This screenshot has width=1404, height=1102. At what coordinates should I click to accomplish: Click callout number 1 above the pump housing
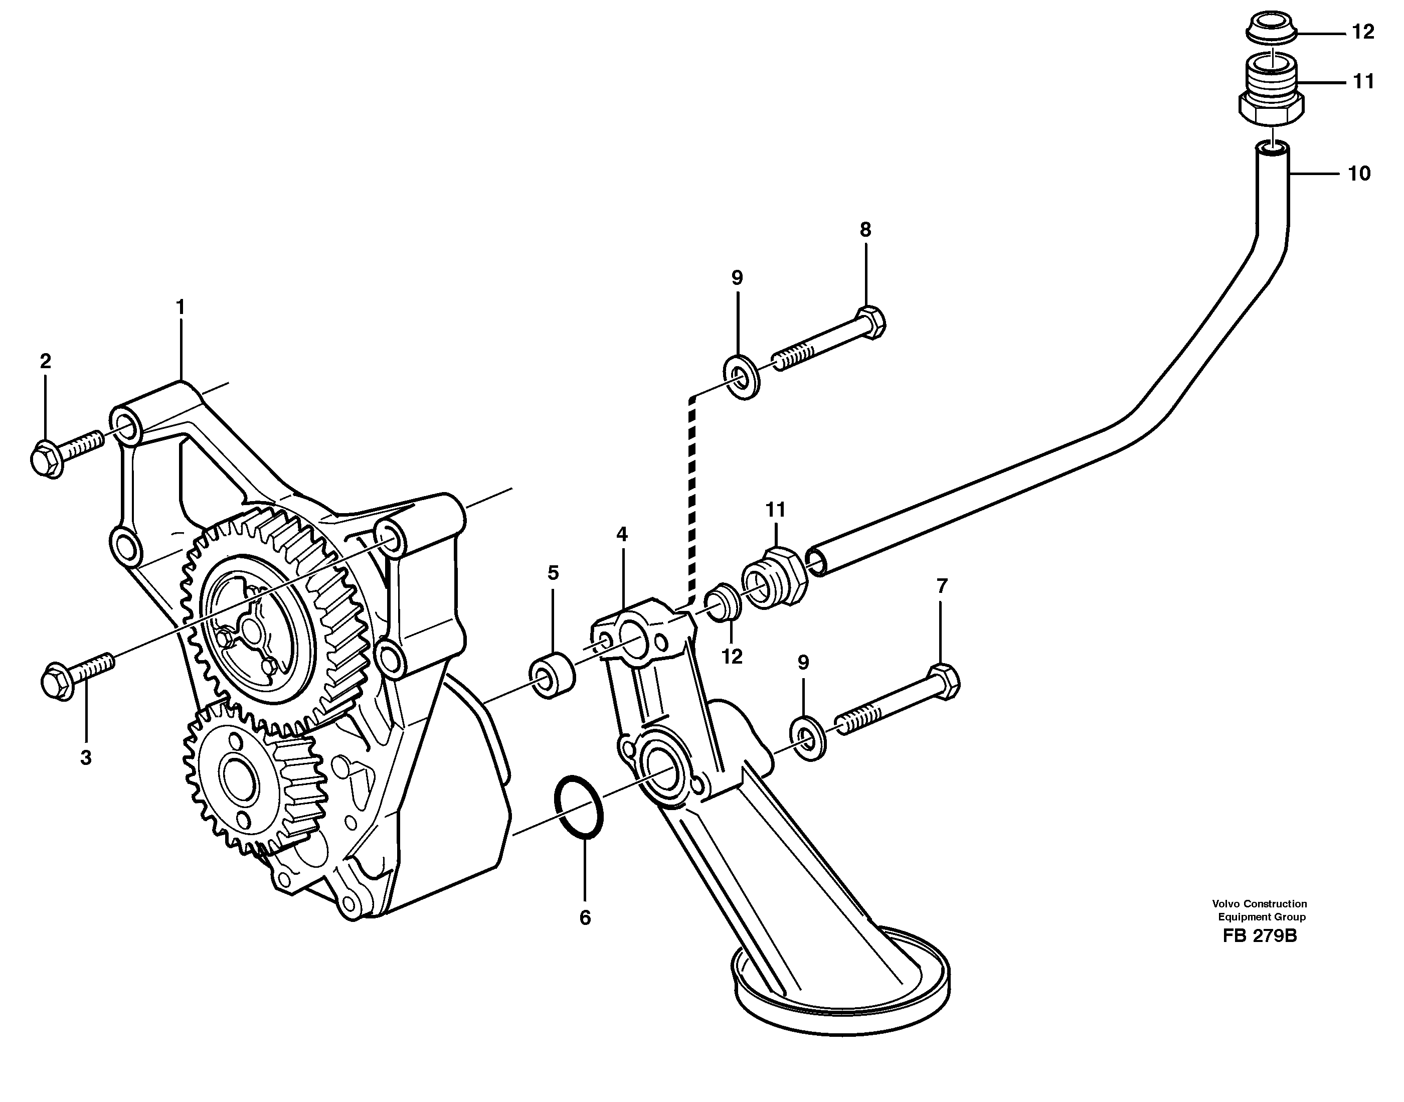coord(181,307)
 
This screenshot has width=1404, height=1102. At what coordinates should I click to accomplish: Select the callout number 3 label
coord(86,757)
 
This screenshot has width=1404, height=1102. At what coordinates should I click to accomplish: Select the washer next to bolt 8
coord(744,377)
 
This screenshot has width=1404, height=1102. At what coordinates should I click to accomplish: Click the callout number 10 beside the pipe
coord(1359,174)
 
